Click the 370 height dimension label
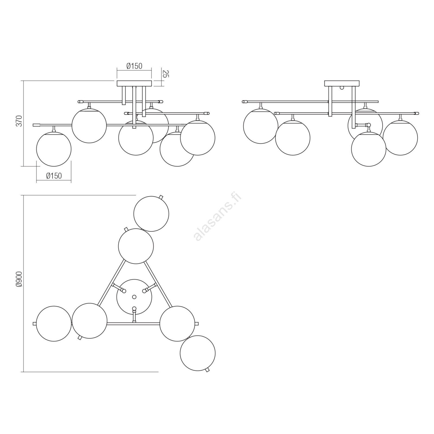pos(19,121)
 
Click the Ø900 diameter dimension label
pos(19,279)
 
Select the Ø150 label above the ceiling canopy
pos(134,66)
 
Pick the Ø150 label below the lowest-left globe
pos(54,176)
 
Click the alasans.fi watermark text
pos(218,217)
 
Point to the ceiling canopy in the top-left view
pos(134,84)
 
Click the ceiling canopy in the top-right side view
pos(342,83)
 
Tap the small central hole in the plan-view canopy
pos(134,297)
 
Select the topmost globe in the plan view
pos(151,214)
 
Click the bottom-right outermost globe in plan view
pos(197,353)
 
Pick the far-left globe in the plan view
pos(54,324)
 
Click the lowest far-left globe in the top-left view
pos(54,149)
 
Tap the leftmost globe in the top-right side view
pos(261,126)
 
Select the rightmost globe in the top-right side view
pos(400,138)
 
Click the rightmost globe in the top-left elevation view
pos(197,138)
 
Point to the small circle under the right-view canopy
pos(342,88)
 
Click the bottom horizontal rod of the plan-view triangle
pos(133,324)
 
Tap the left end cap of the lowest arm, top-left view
pos(36,125)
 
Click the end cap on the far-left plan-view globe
pos(34,324)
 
